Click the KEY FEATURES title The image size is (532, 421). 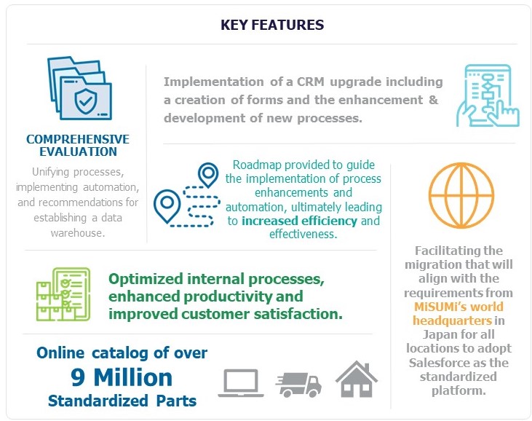pyautogui.click(x=272, y=25)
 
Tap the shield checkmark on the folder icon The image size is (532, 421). pyautogui.click(x=85, y=101)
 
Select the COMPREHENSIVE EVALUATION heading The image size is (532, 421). pyautogui.click(x=78, y=146)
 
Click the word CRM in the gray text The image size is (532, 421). pyautogui.click(x=311, y=82)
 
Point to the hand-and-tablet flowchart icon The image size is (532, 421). pyautogui.click(x=488, y=95)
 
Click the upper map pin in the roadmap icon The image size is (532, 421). pyautogui.click(x=208, y=175)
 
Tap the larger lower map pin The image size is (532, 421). pyautogui.click(x=167, y=205)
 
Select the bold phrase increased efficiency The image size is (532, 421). pyautogui.click(x=299, y=221)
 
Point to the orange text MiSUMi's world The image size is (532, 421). pyautogui.click(x=458, y=307)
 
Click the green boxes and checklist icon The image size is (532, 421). pyautogui.click(x=63, y=294)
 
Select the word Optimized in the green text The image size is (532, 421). pyautogui.click(x=146, y=280)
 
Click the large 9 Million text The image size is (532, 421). pyautogui.click(x=122, y=377)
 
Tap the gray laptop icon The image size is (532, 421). pyautogui.click(x=241, y=383)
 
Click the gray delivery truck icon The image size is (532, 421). pyautogui.click(x=298, y=385)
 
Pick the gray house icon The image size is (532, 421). pyautogui.click(x=357, y=379)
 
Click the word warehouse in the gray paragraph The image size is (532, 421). pyautogui.click(x=78, y=233)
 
